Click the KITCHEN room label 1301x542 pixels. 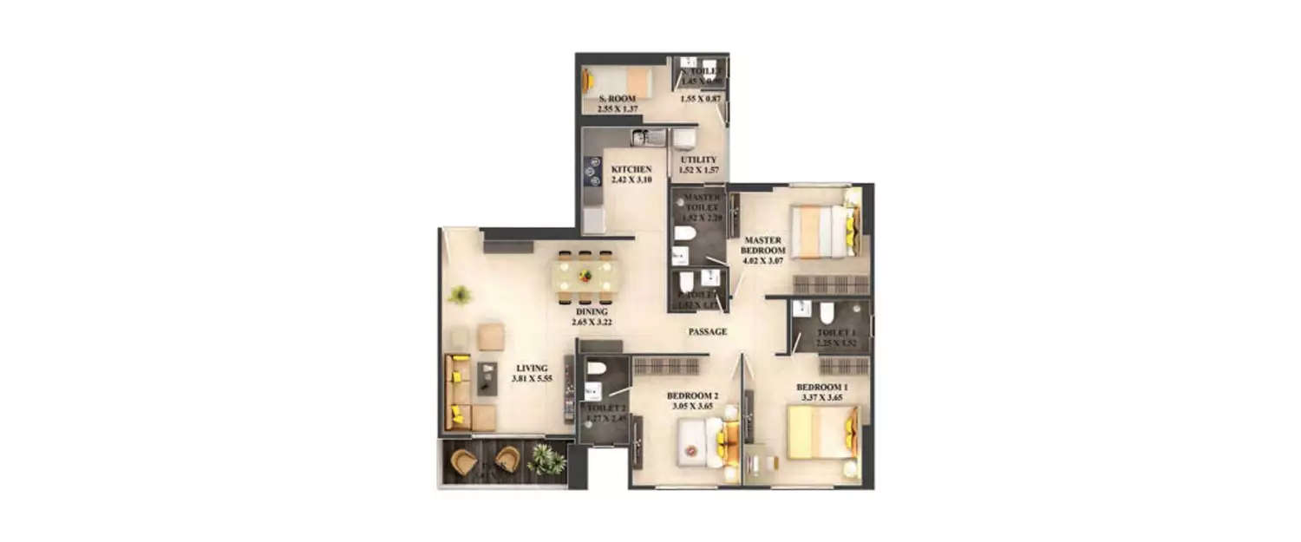pos(631,169)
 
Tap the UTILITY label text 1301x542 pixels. pos(698,160)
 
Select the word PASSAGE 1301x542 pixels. pos(708,331)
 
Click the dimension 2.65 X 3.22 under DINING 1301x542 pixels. pos(592,322)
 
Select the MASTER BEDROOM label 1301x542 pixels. pos(762,245)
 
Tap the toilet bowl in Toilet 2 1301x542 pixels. pos(595,369)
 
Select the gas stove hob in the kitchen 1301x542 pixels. pos(592,172)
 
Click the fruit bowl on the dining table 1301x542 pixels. pos(585,276)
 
